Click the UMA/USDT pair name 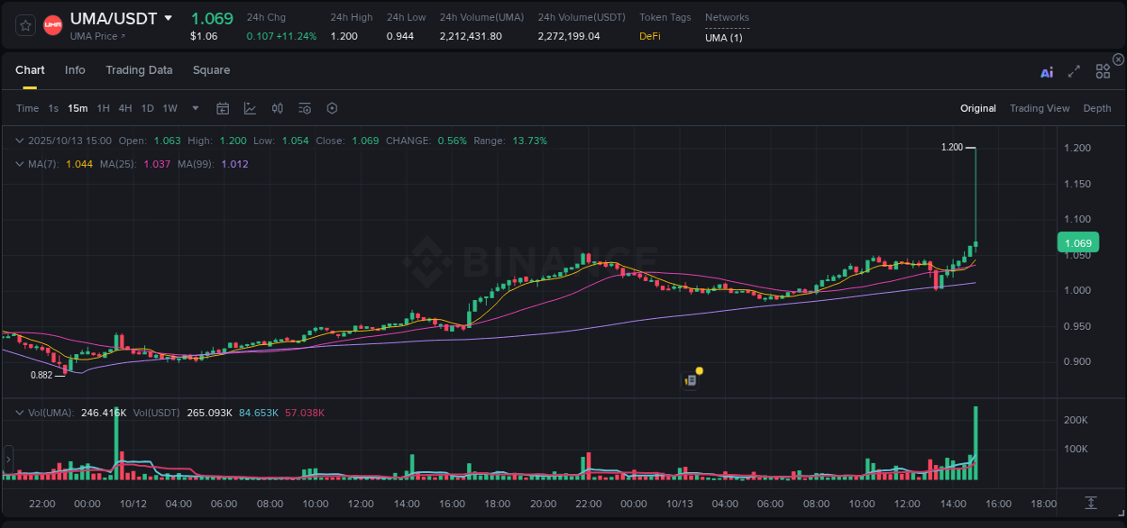point(114,19)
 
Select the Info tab point(75,70)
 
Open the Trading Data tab point(139,70)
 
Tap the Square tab point(211,70)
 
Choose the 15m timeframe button point(78,108)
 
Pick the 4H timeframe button point(125,108)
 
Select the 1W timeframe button point(170,108)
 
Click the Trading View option point(1040,108)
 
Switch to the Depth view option point(1097,108)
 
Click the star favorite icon point(26,25)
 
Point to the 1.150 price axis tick point(1077,184)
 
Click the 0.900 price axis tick point(1077,362)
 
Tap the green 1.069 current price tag point(1077,242)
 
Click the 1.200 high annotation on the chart point(951,147)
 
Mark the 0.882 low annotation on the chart point(41,375)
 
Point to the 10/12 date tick point(133,504)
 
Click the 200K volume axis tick point(1076,421)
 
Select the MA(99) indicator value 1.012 point(234,164)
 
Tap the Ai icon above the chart point(1047,72)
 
